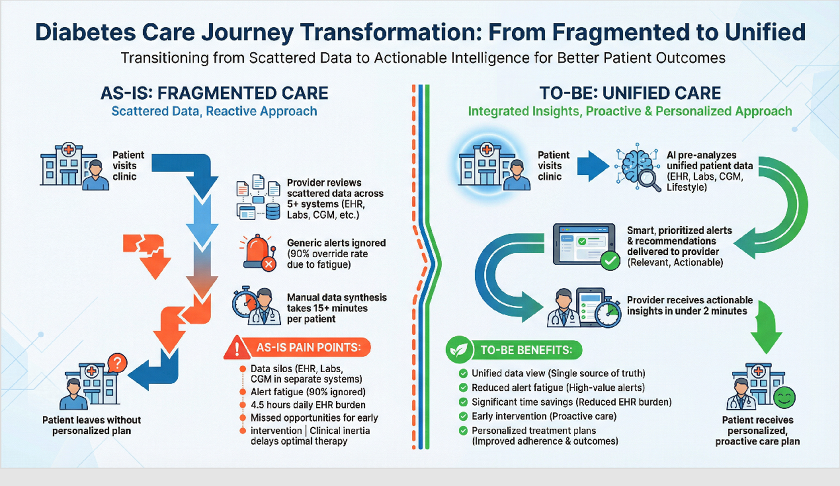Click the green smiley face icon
pos(784,398)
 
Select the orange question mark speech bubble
pos(117,363)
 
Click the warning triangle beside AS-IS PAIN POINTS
pos(237,348)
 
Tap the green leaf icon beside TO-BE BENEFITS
pos(459,350)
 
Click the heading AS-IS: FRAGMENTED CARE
pos(214,93)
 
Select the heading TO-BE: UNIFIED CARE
pos(630,93)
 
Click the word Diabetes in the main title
pos(85,32)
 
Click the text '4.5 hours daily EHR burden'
pos(308,405)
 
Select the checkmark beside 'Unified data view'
pos(463,373)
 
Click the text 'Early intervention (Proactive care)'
pos(544,416)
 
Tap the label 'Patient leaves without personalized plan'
pos(92,425)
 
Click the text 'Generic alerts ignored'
pos(336,243)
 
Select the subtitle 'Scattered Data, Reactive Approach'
pos(214,111)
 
